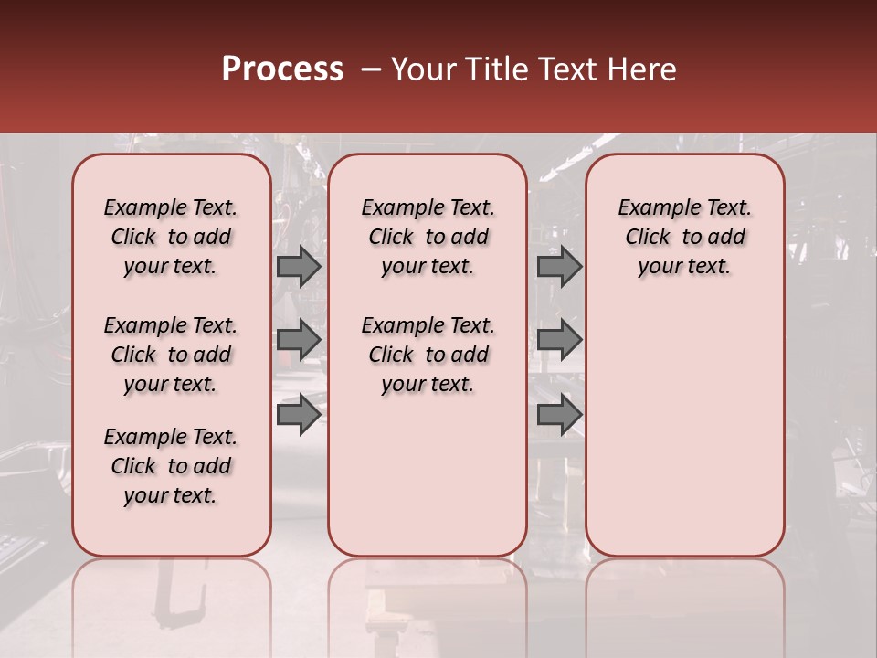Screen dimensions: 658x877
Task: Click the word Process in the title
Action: (282, 69)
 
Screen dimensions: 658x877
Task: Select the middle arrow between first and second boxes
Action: (298, 339)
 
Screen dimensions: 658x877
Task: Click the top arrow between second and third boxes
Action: (558, 266)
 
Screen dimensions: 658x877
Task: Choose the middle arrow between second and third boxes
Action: (558, 339)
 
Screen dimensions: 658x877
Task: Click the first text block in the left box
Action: (171, 237)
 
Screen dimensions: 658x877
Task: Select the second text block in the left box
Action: (171, 355)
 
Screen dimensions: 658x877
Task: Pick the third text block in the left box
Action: (171, 466)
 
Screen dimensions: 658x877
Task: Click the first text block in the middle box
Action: (428, 237)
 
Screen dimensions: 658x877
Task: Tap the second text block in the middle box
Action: (428, 355)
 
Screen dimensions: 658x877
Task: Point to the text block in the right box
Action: (685, 237)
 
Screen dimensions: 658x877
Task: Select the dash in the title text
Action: (371, 70)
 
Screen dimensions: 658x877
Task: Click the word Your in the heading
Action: (424, 69)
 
